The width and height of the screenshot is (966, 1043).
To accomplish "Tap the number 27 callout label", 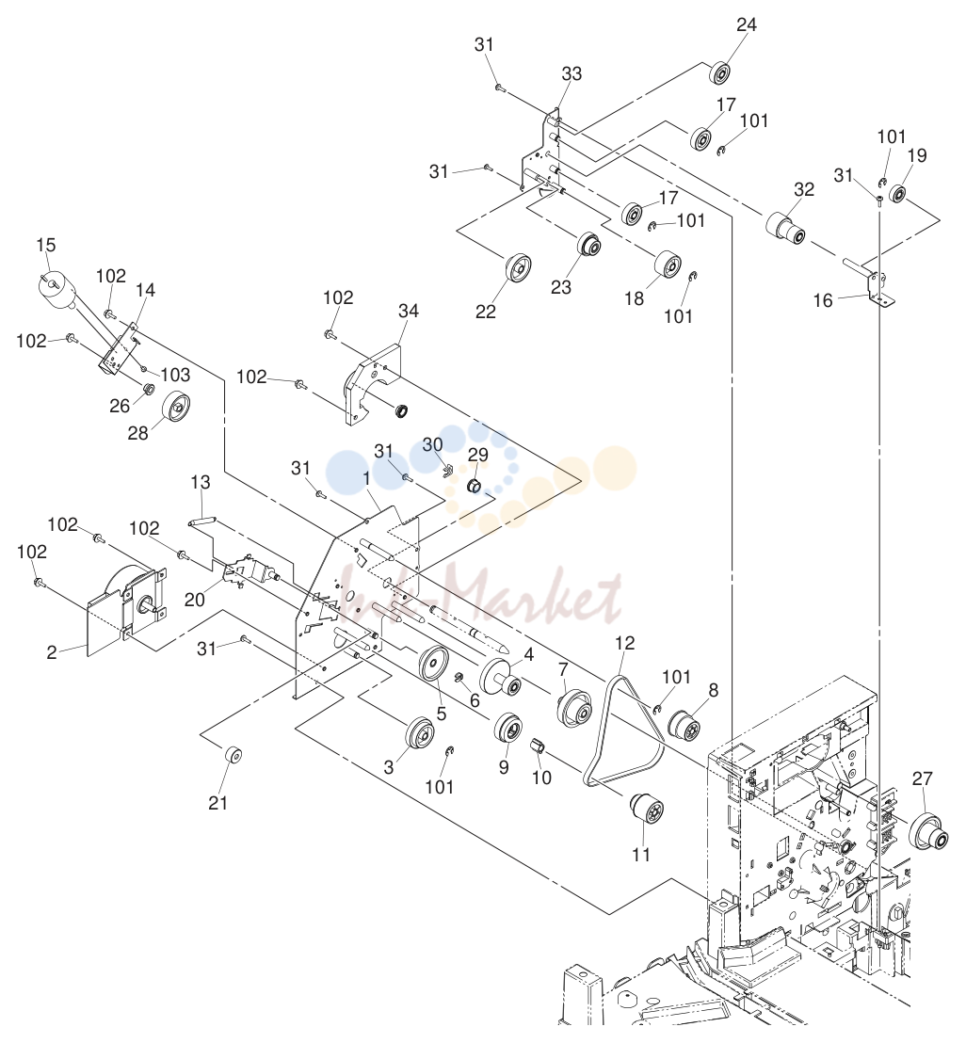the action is point(922,778).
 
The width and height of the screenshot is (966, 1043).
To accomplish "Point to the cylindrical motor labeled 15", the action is point(56,290).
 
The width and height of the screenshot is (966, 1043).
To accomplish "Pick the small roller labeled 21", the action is point(233,756).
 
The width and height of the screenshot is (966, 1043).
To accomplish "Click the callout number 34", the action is point(409,311).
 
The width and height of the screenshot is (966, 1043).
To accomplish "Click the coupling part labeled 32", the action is point(786,229).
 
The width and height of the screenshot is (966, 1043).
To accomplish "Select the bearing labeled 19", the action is point(897,193).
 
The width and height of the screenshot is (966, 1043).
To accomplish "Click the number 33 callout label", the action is point(572,73).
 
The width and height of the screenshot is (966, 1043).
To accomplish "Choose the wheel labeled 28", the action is point(176,407).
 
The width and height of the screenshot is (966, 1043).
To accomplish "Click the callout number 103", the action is point(175,375).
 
